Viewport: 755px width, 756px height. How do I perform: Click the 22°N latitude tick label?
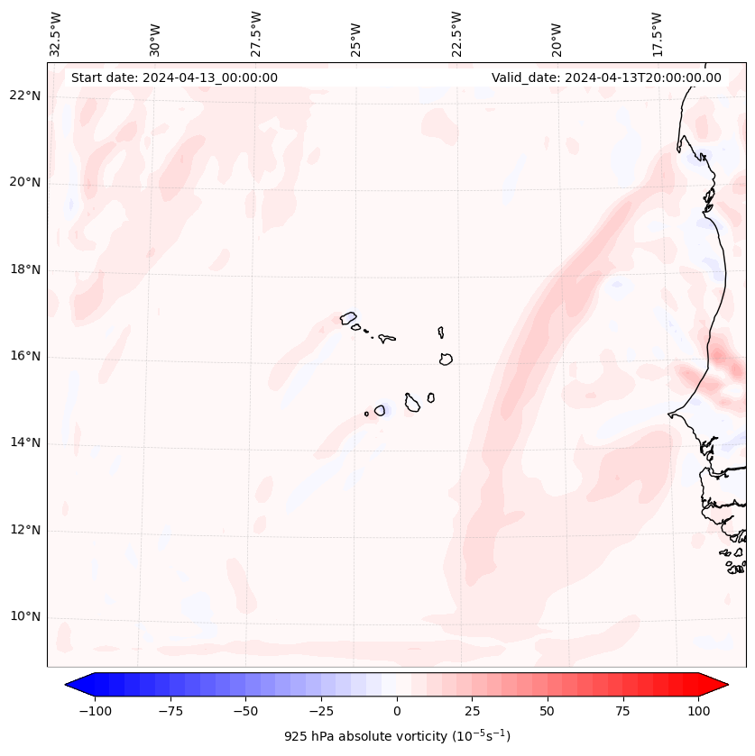pos(25,96)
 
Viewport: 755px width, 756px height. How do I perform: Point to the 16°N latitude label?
pos(25,357)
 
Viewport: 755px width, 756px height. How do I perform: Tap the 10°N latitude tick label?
pos(25,617)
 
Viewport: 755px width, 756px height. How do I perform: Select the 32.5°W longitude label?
pos(56,34)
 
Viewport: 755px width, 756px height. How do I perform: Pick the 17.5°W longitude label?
pos(657,34)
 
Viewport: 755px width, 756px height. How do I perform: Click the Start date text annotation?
pos(174,77)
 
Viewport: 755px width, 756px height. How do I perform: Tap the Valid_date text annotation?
pos(606,77)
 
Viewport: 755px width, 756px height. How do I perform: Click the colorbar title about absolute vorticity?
pos(397,736)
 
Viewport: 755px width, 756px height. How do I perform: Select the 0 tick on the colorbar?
pos(397,711)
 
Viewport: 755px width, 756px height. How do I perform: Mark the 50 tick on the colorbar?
pos(548,711)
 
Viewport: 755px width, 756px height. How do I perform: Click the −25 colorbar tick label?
pos(321,711)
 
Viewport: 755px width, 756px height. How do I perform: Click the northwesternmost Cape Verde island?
pos(348,318)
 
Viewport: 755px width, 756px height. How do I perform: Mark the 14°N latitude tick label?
pos(25,443)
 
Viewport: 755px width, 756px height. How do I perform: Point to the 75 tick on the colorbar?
pos(622,711)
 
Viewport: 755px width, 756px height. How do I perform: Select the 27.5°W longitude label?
pos(256,34)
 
